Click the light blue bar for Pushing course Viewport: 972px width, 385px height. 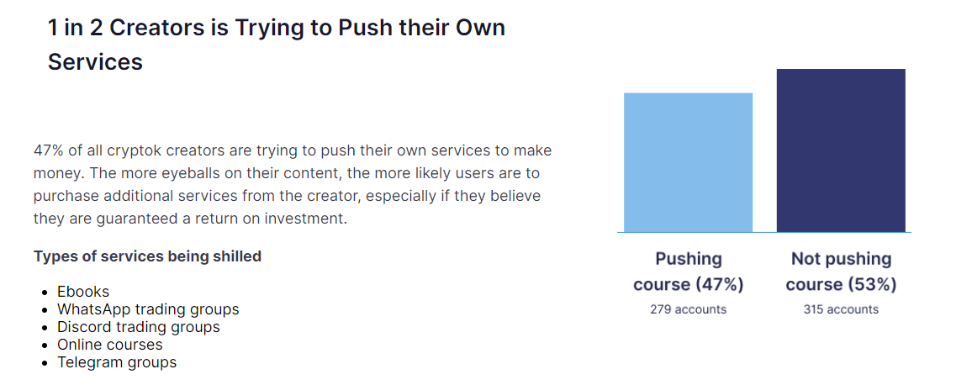[688, 162]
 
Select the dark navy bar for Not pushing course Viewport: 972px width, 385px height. [841, 150]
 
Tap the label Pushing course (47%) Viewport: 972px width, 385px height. [688, 272]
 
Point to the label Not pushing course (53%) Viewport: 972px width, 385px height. [841, 272]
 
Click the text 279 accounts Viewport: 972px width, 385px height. [688, 309]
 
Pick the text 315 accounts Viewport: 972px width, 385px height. [841, 309]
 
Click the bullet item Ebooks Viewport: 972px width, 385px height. [83, 292]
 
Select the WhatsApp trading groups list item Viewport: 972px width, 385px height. [148, 309]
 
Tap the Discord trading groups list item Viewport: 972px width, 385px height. [138, 327]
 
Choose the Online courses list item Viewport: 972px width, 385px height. [109, 344]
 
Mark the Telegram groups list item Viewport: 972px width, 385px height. [117, 362]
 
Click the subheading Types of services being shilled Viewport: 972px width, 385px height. [147, 256]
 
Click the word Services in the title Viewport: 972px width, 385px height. [96, 62]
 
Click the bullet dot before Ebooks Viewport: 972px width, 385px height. [45, 293]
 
